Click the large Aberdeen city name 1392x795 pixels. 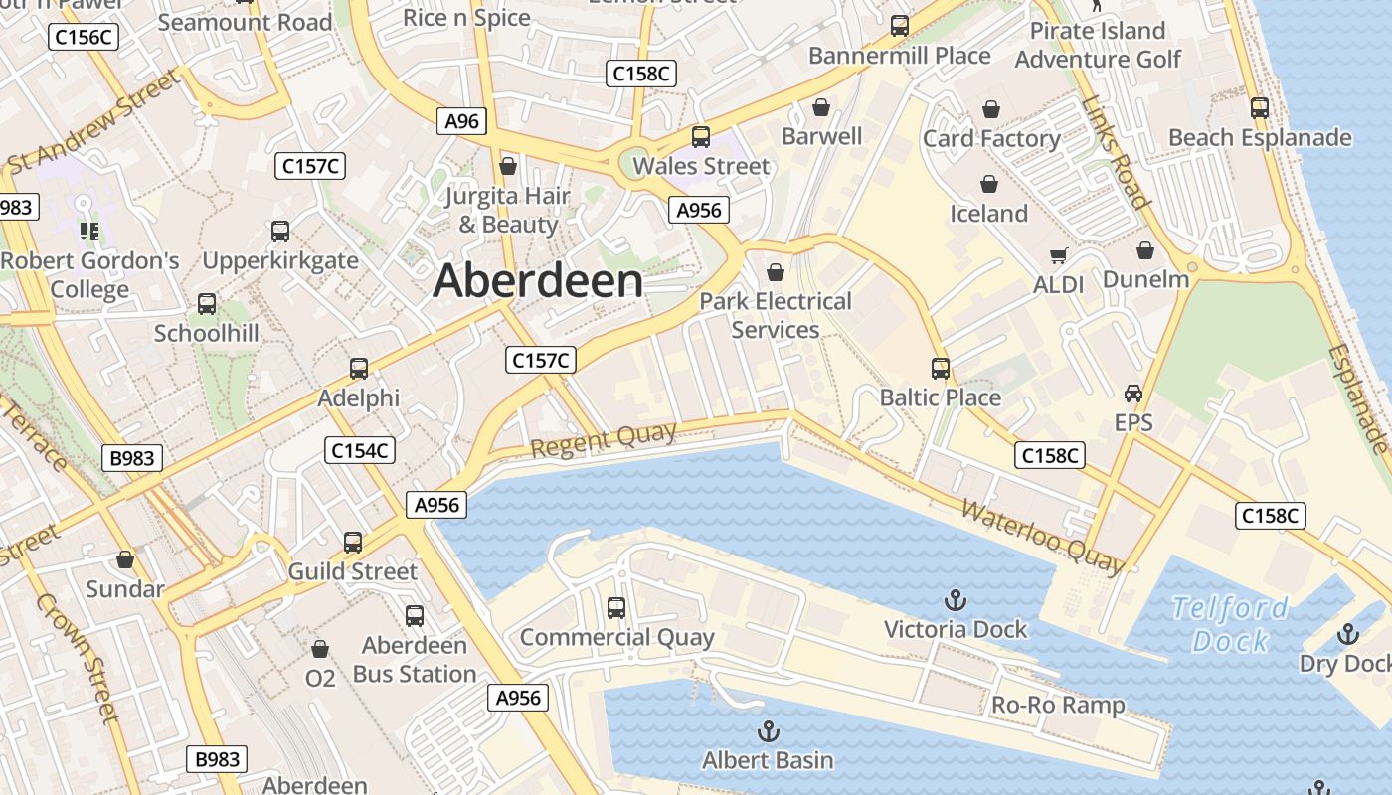(x=538, y=281)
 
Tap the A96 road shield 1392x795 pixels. (x=461, y=121)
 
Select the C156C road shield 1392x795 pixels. (x=84, y=38)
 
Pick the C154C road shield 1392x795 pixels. (x=360, y=450)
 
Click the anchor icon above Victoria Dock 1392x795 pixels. (x=955, y=600)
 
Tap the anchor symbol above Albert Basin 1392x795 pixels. (x=767, y=732)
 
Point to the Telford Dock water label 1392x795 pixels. (x=1230, y=624)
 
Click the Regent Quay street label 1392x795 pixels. (x=603, y=439)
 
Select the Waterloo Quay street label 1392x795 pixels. (x=1042, y=538)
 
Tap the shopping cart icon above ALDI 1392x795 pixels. (x=1058, y=256)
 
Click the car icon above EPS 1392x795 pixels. (x=1132, y=394)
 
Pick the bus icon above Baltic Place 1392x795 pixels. (x=940, y=369)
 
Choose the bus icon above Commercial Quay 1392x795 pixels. (x=616, y=607)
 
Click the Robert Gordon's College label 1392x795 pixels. (x=89, y=275)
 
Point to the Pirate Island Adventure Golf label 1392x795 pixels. (x=1098, y=45)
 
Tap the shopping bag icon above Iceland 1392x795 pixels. (x=989, y=184)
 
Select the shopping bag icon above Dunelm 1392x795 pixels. (x=1145, y=250)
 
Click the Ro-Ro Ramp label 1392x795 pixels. (x=1058, y=706)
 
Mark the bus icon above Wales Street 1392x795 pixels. (x=701, y=137)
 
